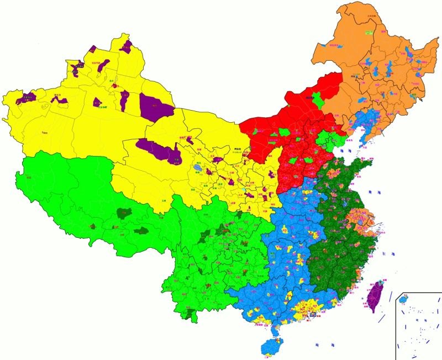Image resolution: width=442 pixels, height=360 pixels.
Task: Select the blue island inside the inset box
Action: tap(403, 299)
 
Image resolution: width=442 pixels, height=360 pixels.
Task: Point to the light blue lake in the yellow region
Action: tap(198, 166)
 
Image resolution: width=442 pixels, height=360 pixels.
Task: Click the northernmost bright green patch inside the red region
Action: tap(317, 102)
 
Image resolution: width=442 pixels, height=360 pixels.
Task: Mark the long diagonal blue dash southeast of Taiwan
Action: tap(380, 319)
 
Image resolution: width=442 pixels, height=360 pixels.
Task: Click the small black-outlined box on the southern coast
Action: tap(312, 314)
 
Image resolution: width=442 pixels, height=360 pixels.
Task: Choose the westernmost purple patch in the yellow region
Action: tap(25, 99)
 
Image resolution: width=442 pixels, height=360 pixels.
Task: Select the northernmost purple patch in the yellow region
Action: tap(125, 45)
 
